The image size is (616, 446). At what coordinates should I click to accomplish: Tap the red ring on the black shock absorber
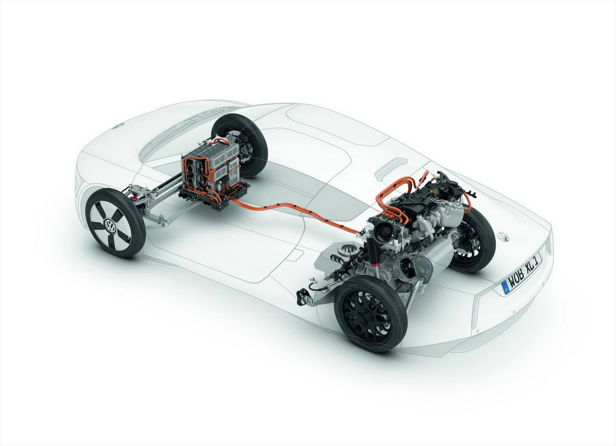pos(375,264)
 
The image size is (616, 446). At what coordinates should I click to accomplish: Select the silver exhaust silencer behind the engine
pos(430,253)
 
